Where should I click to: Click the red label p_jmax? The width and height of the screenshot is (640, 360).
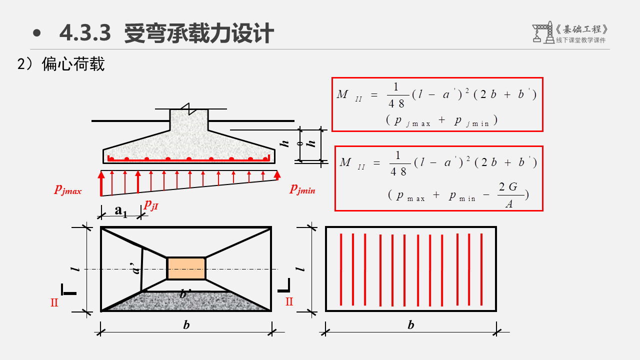tap(68, 190)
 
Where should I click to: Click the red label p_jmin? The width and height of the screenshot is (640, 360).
tap(302, 189)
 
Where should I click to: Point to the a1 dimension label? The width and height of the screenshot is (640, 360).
tap(121, 210)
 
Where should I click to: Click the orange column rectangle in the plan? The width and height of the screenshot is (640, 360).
tap(186, 268)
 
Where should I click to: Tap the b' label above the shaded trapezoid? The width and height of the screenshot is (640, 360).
tap(184, 294)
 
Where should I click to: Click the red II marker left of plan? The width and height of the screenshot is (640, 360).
tap(54, 302)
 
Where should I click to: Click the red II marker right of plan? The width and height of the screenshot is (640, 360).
tap(289, 301)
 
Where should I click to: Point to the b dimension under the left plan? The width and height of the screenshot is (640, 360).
tap(186, 325)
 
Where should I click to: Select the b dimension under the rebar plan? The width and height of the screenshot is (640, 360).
tap(410, 325)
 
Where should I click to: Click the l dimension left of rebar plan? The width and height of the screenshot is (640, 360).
tap(300, 268)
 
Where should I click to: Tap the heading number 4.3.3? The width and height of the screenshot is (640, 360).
tap(84, 33)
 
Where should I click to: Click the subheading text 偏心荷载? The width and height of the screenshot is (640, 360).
tap(73, 64)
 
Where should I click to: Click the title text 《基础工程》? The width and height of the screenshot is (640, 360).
tap(582, 29)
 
